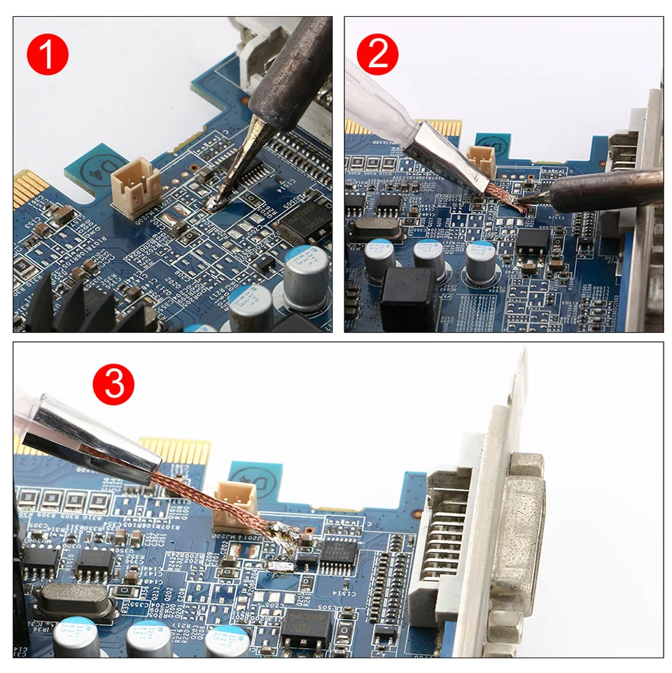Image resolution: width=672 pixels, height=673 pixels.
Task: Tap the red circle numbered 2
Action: (378, 55)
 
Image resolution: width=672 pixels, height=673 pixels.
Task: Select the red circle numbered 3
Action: (113, 384)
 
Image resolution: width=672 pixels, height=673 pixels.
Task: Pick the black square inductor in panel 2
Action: (409, 298)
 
